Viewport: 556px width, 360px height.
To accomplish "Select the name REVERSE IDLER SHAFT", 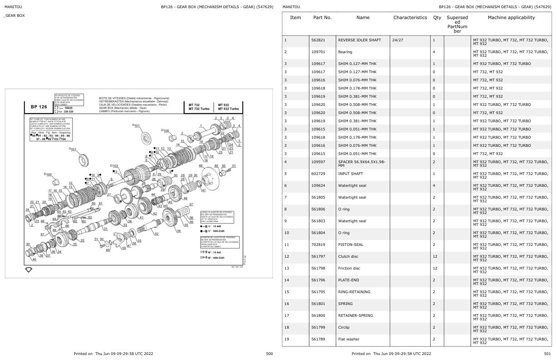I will point(359,40).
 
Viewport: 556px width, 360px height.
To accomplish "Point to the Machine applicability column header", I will point(511,18).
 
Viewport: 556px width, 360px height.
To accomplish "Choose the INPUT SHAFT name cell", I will point(350,174).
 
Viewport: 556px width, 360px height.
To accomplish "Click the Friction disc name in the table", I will point(351,268).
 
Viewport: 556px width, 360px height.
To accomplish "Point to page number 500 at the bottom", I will point(269,354).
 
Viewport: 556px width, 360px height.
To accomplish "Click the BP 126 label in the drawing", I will point(39,107).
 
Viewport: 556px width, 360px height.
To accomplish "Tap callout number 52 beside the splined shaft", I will point(157,234).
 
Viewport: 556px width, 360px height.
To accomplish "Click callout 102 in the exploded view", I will point(115,166).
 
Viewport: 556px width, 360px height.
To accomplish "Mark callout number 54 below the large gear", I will point(179,231).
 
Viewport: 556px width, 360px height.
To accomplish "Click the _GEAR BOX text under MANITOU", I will point(14,15).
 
